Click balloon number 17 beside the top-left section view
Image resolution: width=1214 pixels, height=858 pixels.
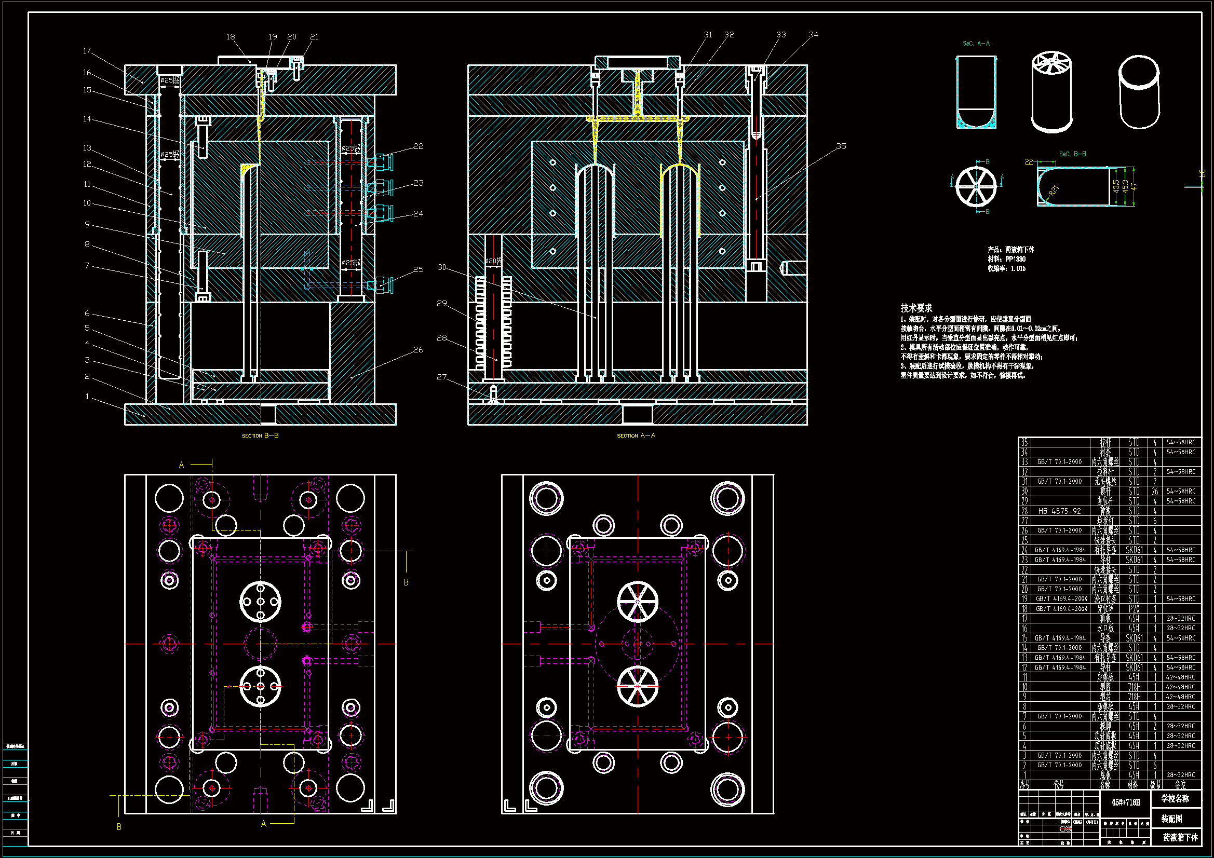click(x=87, y=51)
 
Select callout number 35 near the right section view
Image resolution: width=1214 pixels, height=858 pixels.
click(x=841, y=146)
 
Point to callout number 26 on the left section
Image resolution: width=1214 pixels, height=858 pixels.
click(x=418, y=349)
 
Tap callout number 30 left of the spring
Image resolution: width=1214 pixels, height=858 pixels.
click(x=442, y=267)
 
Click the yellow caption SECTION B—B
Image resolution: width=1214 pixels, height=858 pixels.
click(x=260, y=435)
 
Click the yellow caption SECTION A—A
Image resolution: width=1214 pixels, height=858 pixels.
click(x=636, y=435)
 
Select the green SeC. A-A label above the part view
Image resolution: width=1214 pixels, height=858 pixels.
click(x=976, y=44)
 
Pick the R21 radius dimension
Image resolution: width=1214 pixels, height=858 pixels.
click(x=1054, y=190)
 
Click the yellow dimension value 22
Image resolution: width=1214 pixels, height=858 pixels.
click(x=1029, y=162)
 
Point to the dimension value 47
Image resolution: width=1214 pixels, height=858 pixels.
click(x=1134, y=186)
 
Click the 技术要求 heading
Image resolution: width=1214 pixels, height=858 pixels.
click(x=916, y=308)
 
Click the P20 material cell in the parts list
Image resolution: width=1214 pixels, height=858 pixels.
click(x=1134, y=608)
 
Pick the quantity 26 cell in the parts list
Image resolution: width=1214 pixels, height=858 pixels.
click(x=1155, y=492)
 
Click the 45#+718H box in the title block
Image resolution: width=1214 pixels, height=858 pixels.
click(x=1125, y=802)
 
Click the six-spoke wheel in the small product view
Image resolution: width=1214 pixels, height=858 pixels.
click(x=976, y=187)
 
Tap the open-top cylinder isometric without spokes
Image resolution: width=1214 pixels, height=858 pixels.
click(x=1139, y=92)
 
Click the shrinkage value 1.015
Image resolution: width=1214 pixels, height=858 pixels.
click(x=1018, y=268)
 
